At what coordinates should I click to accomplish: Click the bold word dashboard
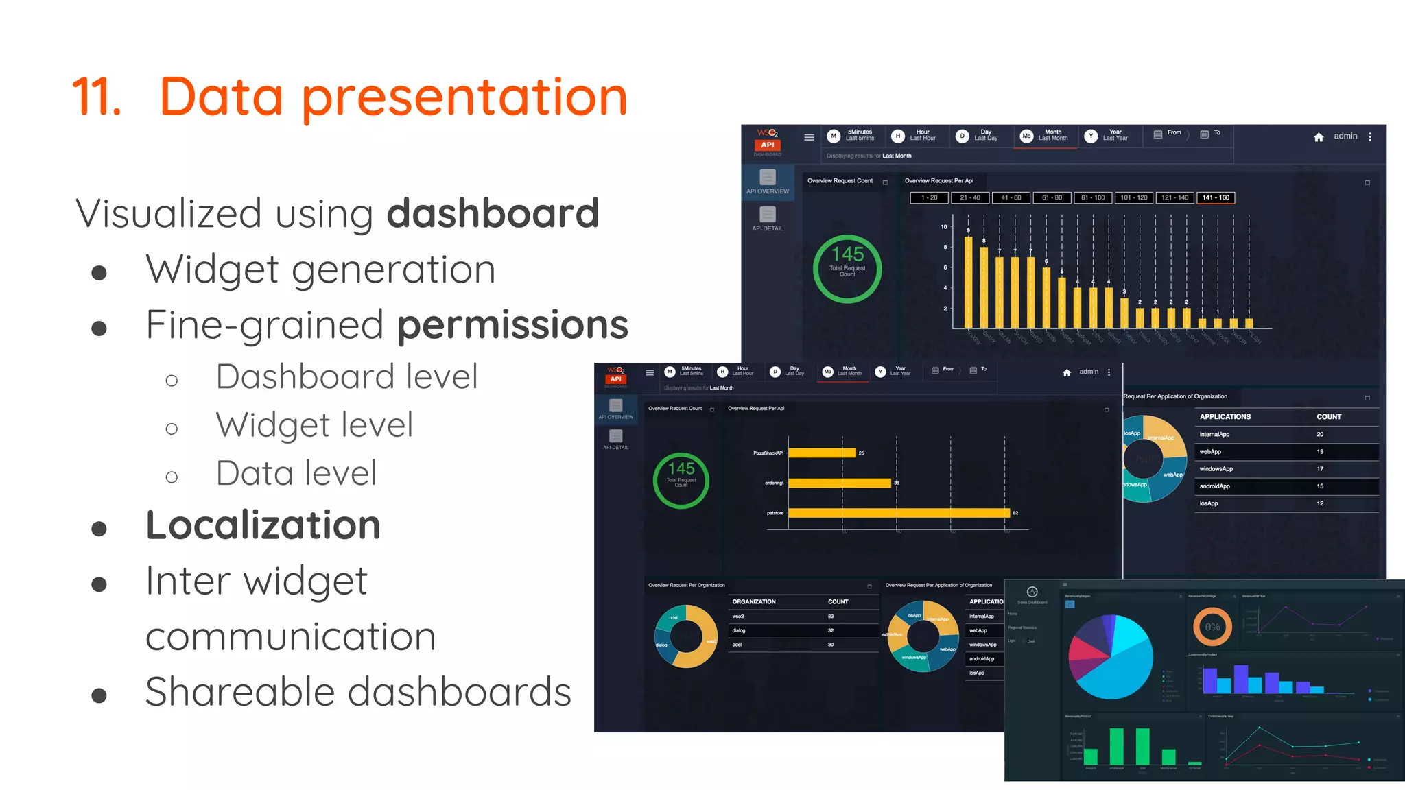click(x=493, y=213)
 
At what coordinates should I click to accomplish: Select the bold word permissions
click(x=512, y=324)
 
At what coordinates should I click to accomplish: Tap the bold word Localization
click(x=263, y=525)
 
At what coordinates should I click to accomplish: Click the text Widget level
click(x=314, y=425)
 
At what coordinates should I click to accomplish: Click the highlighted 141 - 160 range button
click(x=1216, y=197)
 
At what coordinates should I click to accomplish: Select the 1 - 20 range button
click(x=929, y=197)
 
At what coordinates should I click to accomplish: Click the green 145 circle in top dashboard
click(x=847, y=268)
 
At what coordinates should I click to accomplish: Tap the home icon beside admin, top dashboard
click(x=1319, y=137)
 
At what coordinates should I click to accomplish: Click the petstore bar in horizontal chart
click(x=899, y=513)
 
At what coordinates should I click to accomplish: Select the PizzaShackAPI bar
click(x=822, y=453)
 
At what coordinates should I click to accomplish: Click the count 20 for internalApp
click(x=1320, y=434)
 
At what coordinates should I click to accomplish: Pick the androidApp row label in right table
click(x=1214, y=486)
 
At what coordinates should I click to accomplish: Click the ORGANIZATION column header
click(x=753, y=601)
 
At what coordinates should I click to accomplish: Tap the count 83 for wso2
click(x=831, y=617)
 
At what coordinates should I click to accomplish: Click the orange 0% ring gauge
click(x=1212, y=627)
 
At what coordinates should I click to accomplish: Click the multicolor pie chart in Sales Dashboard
click(x=1111, y=657)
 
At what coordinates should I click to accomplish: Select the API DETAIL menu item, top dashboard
click(x=767, y=219)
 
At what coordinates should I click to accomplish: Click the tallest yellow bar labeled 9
click(x=969, y=282)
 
